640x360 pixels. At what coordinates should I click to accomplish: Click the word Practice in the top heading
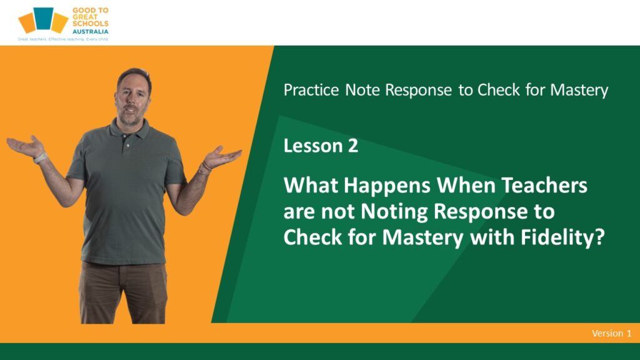[311, 90]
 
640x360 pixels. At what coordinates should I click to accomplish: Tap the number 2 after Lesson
[353, 146]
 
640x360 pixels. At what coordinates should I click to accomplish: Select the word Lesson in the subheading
[313, 146]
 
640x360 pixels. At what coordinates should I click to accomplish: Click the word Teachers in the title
[544, 185]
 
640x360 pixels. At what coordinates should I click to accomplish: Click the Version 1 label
[611, 334]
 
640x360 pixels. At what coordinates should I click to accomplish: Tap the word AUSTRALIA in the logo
[90, 31]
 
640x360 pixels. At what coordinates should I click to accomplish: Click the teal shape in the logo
[43, 18]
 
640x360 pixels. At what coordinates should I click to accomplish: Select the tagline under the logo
[63, 39]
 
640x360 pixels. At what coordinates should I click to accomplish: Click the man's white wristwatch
[40, 157]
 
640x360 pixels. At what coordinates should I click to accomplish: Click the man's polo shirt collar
[128, 130]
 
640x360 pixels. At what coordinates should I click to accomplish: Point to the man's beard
[131, 117]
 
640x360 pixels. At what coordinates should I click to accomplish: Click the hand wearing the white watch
[25, 146]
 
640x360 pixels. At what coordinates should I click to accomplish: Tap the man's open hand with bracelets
[222, 156]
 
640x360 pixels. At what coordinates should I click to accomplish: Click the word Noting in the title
[394, 211]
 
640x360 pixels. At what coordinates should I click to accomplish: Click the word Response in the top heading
[418, 91]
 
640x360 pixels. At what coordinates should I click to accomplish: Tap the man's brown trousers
[123, 292]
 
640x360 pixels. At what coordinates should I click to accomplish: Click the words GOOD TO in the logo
[90, 11]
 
